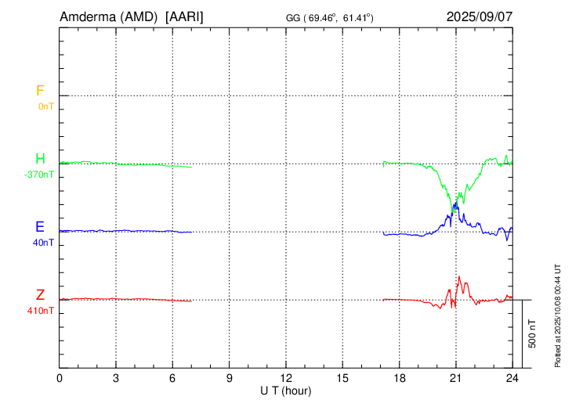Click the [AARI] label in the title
(185, 16)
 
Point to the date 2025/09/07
(480, 16)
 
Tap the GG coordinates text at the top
(329, 17)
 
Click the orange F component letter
(40, 92)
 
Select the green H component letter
(40, 160)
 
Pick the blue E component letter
(40, 228)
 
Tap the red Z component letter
(40, 296)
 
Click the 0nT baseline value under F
(45, 106)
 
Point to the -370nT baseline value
(40, 175)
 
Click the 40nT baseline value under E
(44, 243)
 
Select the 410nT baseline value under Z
(42, 311)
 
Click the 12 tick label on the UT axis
(286, 379)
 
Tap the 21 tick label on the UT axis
(455, 379)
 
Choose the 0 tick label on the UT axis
(60, 379)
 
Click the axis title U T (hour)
(286, 391)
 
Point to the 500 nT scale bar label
(533, 333)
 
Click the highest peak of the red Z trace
(459, 277)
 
